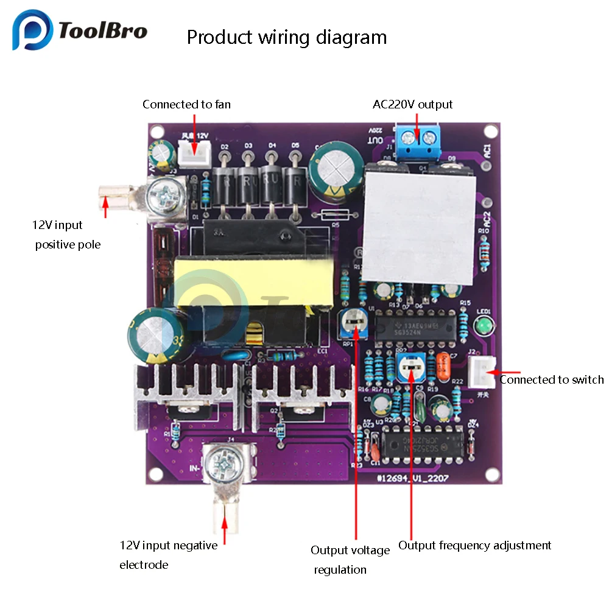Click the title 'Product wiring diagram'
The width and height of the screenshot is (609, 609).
(x=286, y=37)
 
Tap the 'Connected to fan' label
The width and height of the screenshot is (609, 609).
(x=186, y=105)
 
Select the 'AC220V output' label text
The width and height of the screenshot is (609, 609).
(x=412, y=105)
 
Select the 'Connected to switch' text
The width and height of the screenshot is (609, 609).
(x=552, y=380)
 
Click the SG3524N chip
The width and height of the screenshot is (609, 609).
(x=414, y=327)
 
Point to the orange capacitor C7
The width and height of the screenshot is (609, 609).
(x=443, y=365)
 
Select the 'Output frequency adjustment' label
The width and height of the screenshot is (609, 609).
(x=474, y=546)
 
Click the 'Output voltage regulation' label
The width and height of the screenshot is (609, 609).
(x=350, y=560)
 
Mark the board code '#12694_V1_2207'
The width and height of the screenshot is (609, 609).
(x=412, y=479)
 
